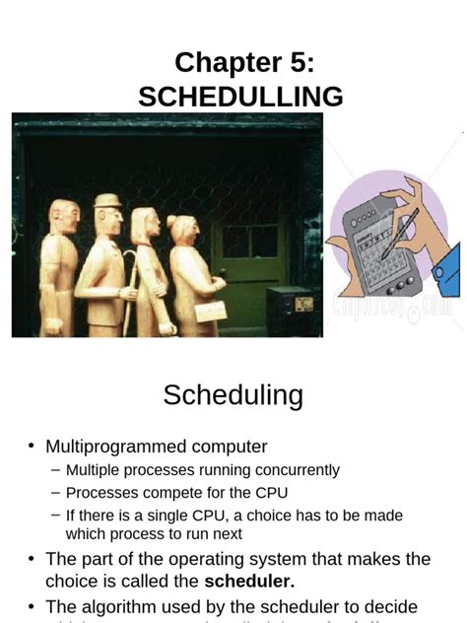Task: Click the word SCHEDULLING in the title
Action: (240, 97)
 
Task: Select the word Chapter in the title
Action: (222, 63)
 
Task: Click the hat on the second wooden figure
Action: (106, 201)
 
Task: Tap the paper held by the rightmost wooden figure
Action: (210, 311)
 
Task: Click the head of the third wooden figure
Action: (145, 223)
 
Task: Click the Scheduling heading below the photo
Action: (233, 395)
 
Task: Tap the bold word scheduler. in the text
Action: (249, 582)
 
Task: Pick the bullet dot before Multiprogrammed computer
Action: (32, 448)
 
